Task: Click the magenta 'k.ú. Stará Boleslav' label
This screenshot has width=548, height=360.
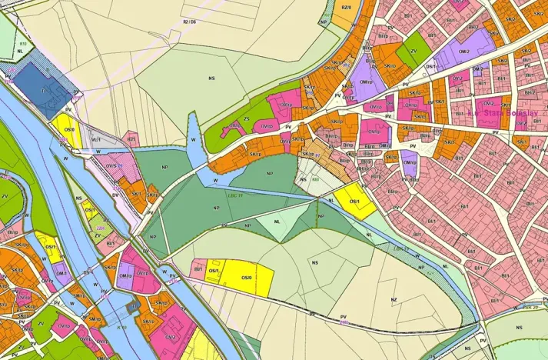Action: [503, 113]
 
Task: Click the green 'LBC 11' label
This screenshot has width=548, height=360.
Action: [236, 195]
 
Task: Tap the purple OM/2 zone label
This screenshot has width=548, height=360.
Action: [463, 52]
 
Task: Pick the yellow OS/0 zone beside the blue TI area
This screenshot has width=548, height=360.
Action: [68, 129]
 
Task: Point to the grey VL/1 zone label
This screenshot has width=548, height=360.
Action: [96, 140]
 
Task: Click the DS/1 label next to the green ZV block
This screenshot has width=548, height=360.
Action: [431, 66]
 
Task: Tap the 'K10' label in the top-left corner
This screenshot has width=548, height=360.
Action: [23, 44]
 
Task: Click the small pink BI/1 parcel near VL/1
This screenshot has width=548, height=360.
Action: [131, 140]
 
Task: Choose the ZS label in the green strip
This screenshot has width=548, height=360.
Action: [247, 119]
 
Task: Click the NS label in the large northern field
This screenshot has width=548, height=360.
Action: [211, 77]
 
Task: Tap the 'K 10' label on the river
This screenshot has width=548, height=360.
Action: [121, 328]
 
